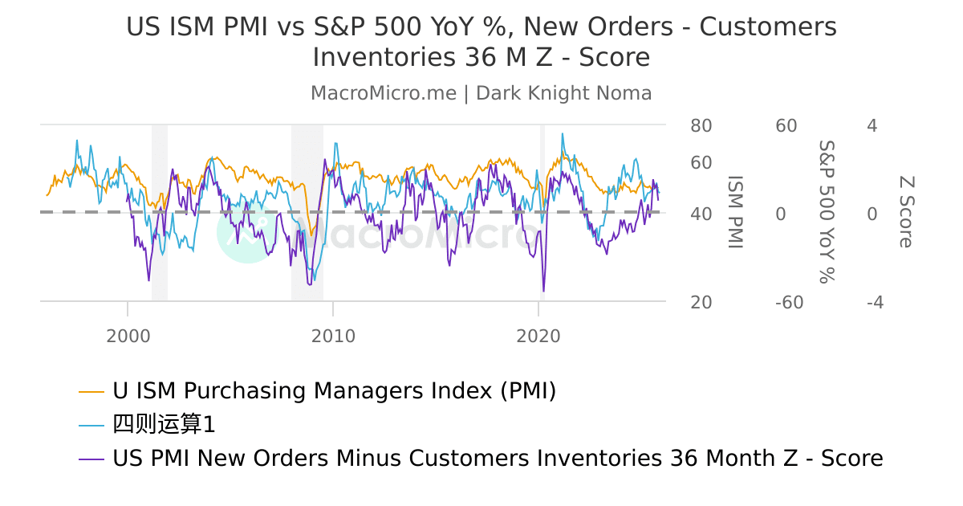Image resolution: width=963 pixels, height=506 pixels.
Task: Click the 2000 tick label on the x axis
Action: (x=128, y=336)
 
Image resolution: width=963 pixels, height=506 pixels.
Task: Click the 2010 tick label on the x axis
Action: (x=333, y=336)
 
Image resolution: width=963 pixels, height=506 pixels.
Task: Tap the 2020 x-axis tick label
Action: (x=538, y=336)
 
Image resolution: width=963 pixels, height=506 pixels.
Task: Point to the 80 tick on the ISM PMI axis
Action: (x=701, y=126)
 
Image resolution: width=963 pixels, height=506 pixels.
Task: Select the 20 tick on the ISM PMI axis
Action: (x=701, y=303)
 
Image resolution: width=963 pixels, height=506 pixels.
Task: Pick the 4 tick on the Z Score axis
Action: (x=872, y=126)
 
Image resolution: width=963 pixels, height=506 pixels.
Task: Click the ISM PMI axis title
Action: (x=735, y=213)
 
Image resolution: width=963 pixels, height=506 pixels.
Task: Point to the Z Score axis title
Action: (x=906, y=213)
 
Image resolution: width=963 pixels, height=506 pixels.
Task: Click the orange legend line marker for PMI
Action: (x=91, y=392)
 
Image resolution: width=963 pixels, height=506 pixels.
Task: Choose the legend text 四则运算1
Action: (x=165, y=425)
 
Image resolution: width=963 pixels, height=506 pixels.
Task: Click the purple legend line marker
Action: (x=91, y=459)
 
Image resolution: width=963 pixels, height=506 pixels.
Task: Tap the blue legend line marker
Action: (x=91, y=426)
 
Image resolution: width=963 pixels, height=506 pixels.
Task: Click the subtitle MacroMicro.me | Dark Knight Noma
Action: (x=481, y=93)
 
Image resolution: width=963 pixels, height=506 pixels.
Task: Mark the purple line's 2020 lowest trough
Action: (x=543, y=291)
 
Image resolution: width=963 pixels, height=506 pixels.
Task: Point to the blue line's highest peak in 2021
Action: (x=562, y=134)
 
